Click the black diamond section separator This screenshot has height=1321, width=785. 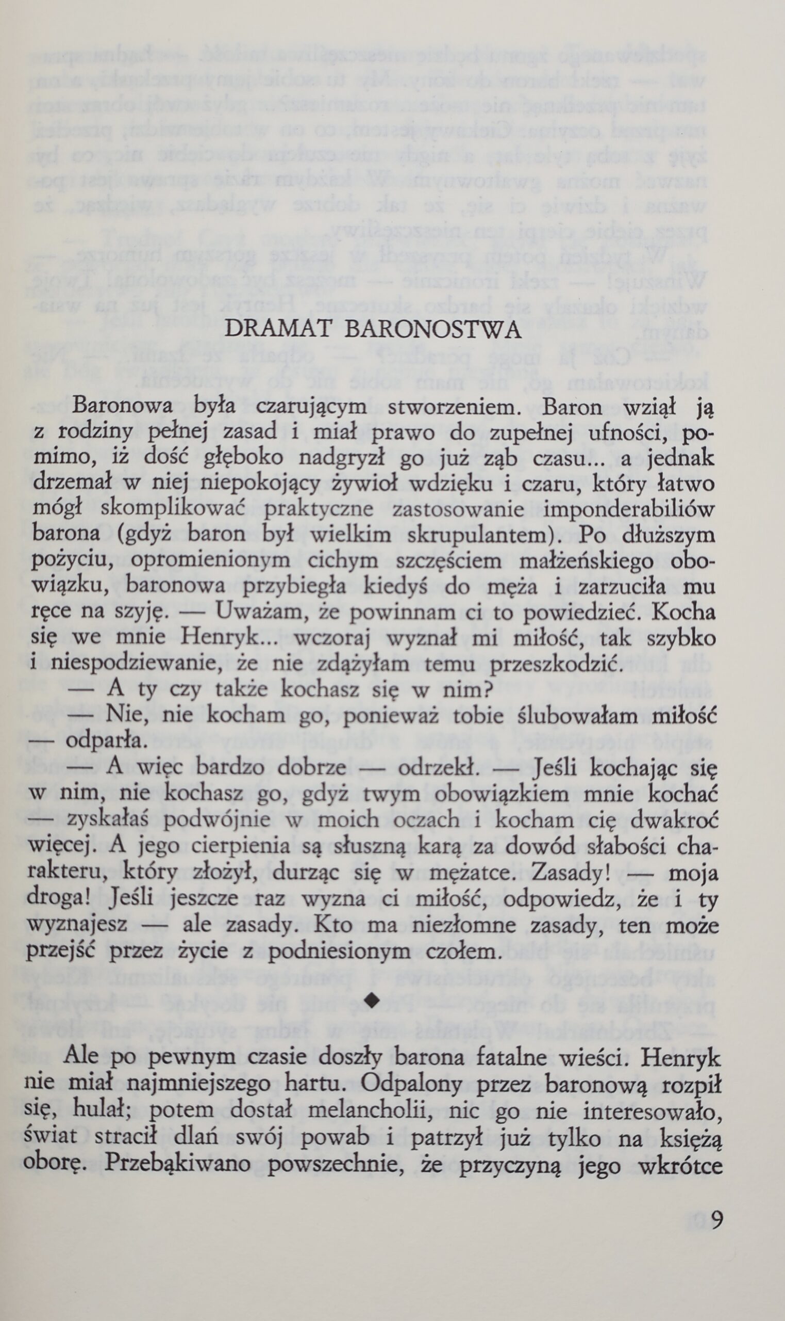click(374, 999)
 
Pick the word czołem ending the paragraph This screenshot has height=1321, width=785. click(465, 949)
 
